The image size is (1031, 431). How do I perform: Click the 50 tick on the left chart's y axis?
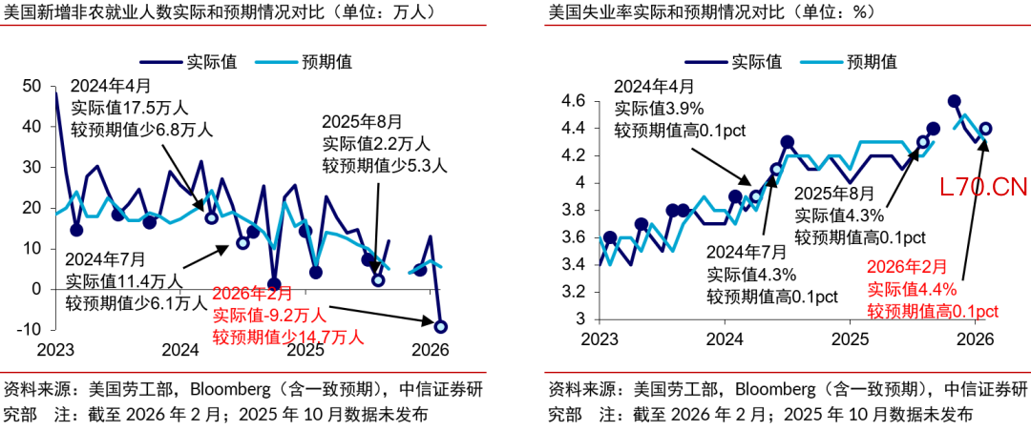tap(32, 86)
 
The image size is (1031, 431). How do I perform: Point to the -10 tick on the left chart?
tap(30, 329)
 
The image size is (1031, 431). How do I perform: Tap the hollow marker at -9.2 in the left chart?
tap(440, 327)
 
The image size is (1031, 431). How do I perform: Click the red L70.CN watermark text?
tap(982, 187)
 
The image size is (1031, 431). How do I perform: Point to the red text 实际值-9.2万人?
tap(269, 315)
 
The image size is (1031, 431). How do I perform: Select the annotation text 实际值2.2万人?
tap(376, 144)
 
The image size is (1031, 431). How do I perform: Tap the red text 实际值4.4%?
tap(912, 290)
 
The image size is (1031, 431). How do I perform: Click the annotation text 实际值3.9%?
tap(658, 108)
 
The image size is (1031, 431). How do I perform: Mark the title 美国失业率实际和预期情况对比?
tap(683, 13)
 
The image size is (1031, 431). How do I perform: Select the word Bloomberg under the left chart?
tap(231, 389)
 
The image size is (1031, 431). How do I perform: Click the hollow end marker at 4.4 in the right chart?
tap(985, 128)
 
